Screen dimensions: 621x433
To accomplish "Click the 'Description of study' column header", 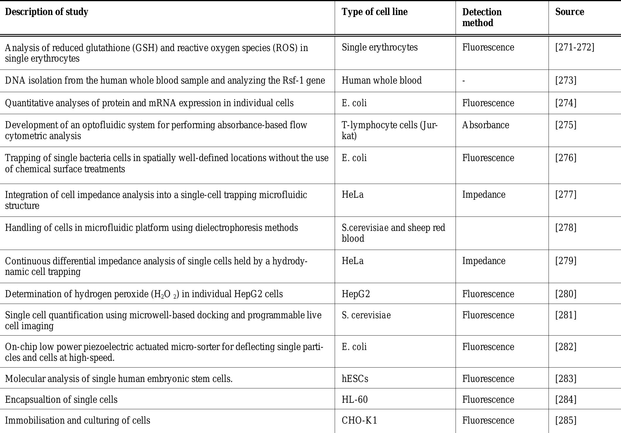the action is [x=47, y=12].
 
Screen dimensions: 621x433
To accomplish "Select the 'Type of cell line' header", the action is [x=375, y=12].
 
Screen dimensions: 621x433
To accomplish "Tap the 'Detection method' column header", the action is [x=482, y=17].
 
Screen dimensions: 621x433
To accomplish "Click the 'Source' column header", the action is [x=569, y=12].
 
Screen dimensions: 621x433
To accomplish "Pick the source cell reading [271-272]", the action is [x=575, y=48].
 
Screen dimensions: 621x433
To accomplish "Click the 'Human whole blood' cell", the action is [x=382, y=80].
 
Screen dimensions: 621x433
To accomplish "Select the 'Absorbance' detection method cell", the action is [x=485, y=125].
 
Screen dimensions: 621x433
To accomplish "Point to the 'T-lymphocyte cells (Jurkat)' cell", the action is [x=389, y=131].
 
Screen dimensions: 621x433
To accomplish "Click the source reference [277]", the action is [x=566, y=195].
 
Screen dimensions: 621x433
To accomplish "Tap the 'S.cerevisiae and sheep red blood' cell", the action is [x=393, y=233].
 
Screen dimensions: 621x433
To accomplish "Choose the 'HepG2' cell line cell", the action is [x=356, y=294].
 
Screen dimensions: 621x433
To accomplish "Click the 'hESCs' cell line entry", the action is [x=355, y=379].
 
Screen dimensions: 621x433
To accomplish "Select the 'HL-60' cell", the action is [x=355, y=400].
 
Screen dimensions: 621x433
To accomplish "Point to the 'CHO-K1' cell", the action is [x=359, y=420].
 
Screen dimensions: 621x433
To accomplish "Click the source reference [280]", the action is [x=566, y=294].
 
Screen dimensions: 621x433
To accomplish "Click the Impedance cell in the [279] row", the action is [x=484, y=261].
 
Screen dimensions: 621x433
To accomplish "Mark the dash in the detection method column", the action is [x=464, y=81].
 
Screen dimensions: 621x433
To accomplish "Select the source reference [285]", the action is [x=566, y=420].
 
